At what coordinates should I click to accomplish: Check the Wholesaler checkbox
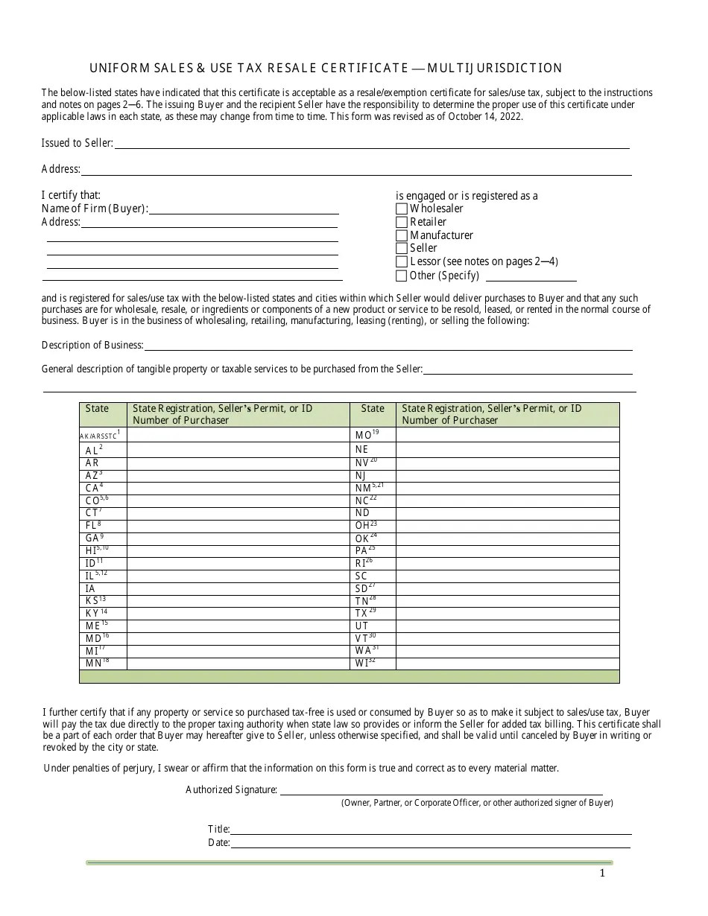402,209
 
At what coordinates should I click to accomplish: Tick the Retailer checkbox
402,222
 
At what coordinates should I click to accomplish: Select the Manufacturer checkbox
402,235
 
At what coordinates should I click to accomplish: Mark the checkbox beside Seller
402,249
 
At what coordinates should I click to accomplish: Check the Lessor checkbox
402,262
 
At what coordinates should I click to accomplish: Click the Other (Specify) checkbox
402,276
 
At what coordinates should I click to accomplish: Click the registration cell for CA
238,488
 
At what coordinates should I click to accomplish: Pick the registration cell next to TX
507,613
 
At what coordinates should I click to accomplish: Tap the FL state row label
94,525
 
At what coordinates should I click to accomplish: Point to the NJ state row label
361,475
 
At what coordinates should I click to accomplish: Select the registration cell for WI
507,663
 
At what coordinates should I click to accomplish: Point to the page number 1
602,874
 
